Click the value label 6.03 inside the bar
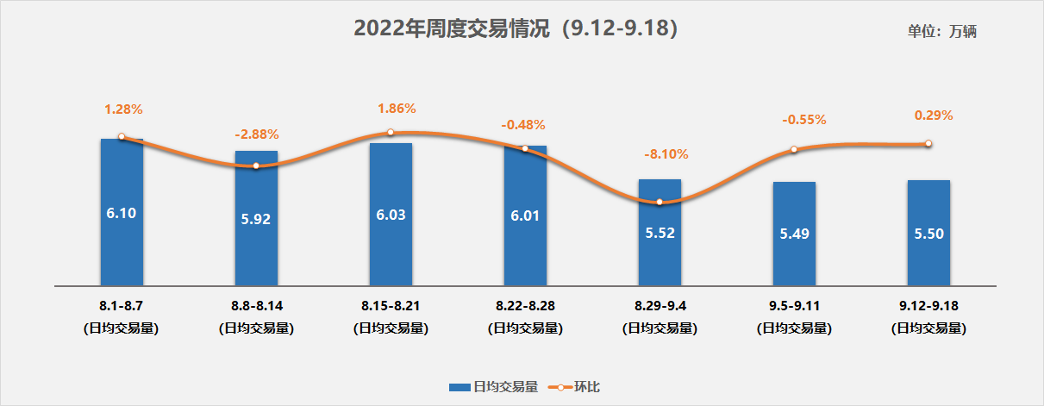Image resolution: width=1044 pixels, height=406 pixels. (x=391, y=213)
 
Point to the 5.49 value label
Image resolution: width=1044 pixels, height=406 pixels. (x=794, y=233)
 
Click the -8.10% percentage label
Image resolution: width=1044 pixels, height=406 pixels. (x=666, y=154)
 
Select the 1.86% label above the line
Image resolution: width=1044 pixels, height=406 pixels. (x=397, y=109)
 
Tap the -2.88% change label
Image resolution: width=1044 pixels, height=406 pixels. (x=257, y=134)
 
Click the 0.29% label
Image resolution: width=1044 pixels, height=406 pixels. (x=935, y=116)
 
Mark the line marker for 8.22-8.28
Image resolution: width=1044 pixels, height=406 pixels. (x=525, y=148)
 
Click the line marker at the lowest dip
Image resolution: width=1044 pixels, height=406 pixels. (x=660, y=203)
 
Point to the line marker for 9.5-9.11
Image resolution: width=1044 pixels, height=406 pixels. (x=794, y=150)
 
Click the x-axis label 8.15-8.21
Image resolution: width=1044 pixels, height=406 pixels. (x=391, y=306)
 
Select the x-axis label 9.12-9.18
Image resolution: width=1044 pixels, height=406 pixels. (x=928, y=306)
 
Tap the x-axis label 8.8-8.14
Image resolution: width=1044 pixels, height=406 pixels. (x=256, y=306)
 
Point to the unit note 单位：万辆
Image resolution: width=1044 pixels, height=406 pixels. (x=941, y=31)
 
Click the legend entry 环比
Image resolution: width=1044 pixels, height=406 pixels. (x=577, y=387)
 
